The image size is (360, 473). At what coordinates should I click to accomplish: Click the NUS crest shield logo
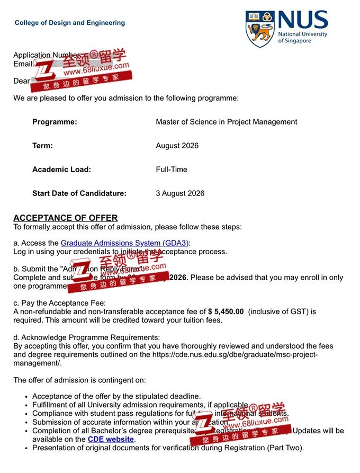click(x=260, y=30)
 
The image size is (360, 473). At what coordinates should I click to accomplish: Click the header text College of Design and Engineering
click(x=70, y=23)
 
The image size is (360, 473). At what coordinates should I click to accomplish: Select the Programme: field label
click(x=55, y=122)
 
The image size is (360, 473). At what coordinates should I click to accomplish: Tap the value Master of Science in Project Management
click(x=226, y=122)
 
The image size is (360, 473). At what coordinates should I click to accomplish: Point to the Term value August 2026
click(x=177, y=146)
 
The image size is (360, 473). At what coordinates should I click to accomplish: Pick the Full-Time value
click(x=171, y=169)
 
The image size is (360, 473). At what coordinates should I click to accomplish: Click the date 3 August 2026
click(x=180, y=193)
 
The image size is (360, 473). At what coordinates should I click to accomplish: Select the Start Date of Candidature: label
click(x=79, y=193)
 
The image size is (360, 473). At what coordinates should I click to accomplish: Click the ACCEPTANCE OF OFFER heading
click(x=66, y=218)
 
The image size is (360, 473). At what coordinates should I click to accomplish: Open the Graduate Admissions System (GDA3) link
click(x=124, y=243)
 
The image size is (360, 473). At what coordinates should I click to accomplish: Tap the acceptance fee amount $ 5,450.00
click(x=226, y=312)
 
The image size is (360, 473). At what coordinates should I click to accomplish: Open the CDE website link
click(x=111, y=439)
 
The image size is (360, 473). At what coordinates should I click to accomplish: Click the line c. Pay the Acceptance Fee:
click(x=59, y=303)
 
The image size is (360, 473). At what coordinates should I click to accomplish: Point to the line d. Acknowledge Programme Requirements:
click(x=86, y=337)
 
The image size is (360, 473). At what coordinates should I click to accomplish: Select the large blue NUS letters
click(x=303, y=21)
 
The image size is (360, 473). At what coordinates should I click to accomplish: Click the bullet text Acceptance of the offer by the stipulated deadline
click(x=116, y=396)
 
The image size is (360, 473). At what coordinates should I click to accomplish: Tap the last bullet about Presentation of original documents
click(x=168, y=448)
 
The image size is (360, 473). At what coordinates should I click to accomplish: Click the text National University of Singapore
click(x=302, y=38)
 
